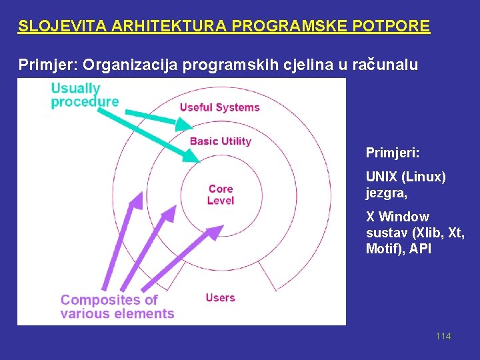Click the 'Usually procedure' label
point(85,95)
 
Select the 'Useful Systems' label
point(219,107)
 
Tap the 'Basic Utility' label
point(221,141)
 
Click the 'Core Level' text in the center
point(220,195)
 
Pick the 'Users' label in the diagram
point(220,297)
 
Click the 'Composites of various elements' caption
point(117,307)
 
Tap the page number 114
point(443,336)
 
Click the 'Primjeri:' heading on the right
point(393,153)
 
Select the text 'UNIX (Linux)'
point(405,177)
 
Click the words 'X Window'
point(397,217)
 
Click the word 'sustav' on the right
point(385,233)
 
